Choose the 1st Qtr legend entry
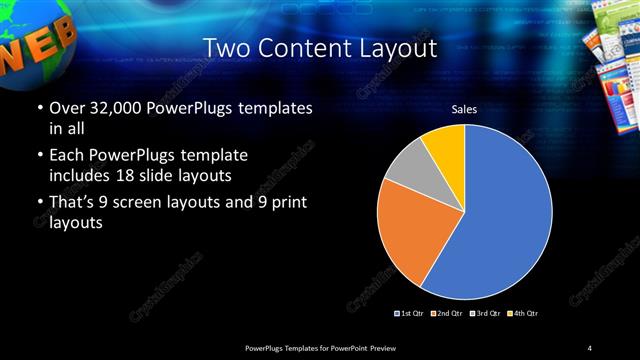click(x=410, y=314)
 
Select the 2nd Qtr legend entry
click(x=447, y=314)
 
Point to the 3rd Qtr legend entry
click(x=485, y=314)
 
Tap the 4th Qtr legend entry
click(x=522, y=314)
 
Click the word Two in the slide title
click(x=225, y=47)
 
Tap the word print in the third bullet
click(x=290, y=203)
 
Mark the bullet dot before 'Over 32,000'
click(x=39, y=108)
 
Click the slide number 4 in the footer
click(x=591, y=347)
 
